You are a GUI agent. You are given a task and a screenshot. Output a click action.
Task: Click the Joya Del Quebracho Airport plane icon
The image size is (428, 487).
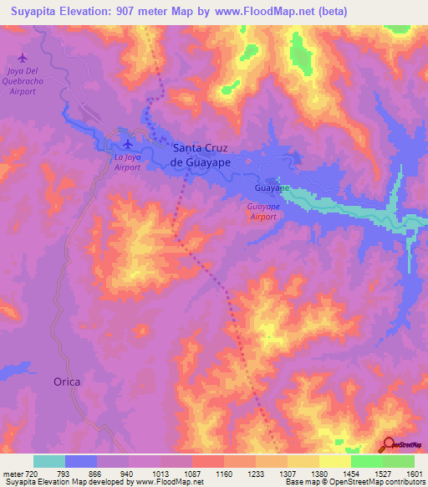pos(22,58)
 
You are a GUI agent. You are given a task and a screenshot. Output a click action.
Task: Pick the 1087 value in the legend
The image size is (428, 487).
pos(191,474)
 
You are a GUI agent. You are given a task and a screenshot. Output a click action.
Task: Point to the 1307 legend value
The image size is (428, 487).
pos(287,474)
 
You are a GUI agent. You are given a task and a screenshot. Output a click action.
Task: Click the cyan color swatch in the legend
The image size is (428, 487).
pos(49,462)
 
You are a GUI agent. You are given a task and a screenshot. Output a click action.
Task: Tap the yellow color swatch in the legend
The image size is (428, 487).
pos(334,462)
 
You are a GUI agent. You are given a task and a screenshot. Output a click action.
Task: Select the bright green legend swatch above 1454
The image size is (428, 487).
pos(366,462)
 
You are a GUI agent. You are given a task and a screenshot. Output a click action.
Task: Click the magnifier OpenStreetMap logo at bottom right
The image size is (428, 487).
pos(390,444)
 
